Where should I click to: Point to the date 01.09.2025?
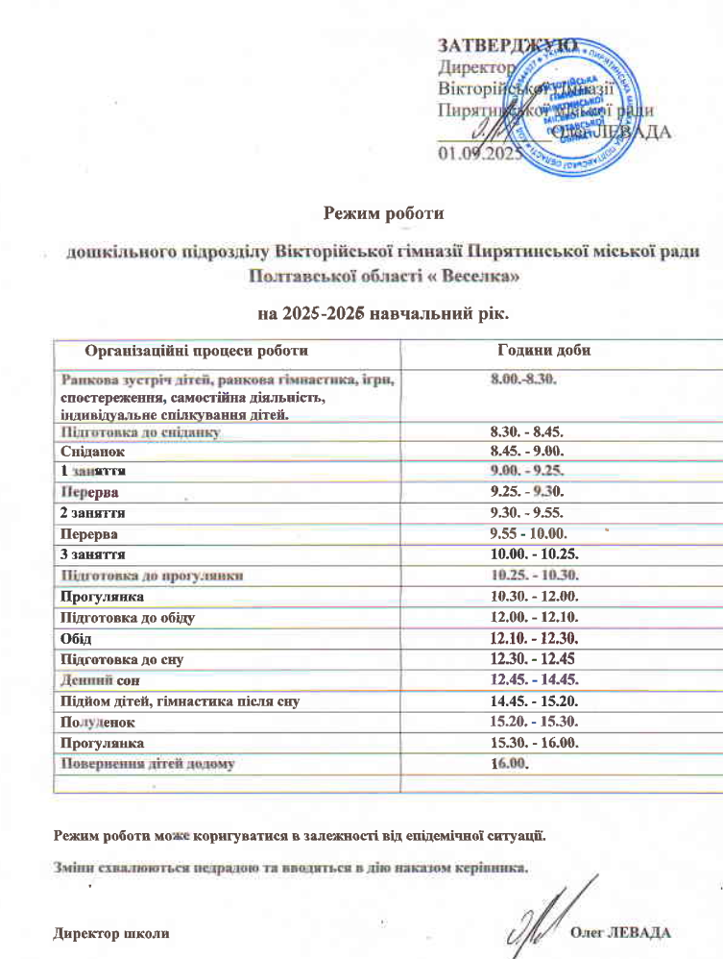tap(477, 154)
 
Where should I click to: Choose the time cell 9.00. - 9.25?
tap(531, 469)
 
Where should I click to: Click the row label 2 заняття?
tap(94, 513)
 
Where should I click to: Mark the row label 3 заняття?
tap(94, 554)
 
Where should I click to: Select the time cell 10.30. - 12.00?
tap(534, 597)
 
